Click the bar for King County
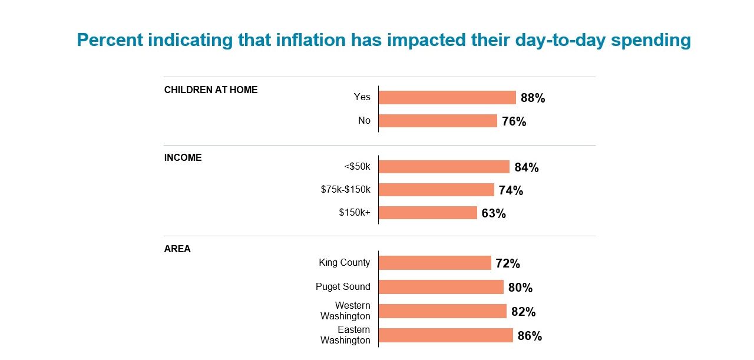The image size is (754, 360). point(435,263)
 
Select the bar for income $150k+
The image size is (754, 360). point(428,213)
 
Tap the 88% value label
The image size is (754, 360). point(533,98)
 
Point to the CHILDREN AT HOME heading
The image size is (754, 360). point(211,90)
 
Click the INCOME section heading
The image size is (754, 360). point(183,158)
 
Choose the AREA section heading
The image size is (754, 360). point(177,249)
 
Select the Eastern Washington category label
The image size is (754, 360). point(345,335)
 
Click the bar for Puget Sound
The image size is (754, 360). point(441,287)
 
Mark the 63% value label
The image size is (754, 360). point(494,214)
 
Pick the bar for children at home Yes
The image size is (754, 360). point(447,97)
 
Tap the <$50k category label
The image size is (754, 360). point(357,167)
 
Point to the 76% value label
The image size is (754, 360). point(514,122)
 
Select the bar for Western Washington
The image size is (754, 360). point(442,311)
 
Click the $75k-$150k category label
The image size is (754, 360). point(345,190)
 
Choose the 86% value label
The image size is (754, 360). point(530,336)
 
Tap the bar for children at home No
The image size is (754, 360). point(438,121)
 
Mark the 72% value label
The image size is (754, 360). point(508,264)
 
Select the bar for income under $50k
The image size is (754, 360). point(444,167)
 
